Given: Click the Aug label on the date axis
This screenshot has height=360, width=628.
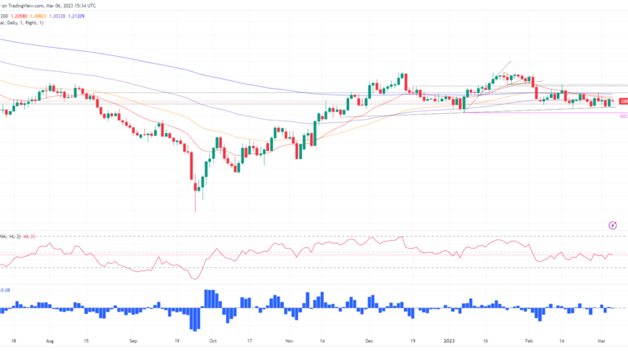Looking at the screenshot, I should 49,342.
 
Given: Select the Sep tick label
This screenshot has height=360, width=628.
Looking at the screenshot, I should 135,342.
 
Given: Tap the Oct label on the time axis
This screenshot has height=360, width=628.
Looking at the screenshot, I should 213,342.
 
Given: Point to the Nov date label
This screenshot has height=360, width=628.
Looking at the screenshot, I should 289,342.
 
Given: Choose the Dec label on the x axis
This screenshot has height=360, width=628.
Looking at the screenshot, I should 370,342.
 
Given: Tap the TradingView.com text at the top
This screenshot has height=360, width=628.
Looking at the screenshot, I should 25,5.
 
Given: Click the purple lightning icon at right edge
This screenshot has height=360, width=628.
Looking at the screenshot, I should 613,224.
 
